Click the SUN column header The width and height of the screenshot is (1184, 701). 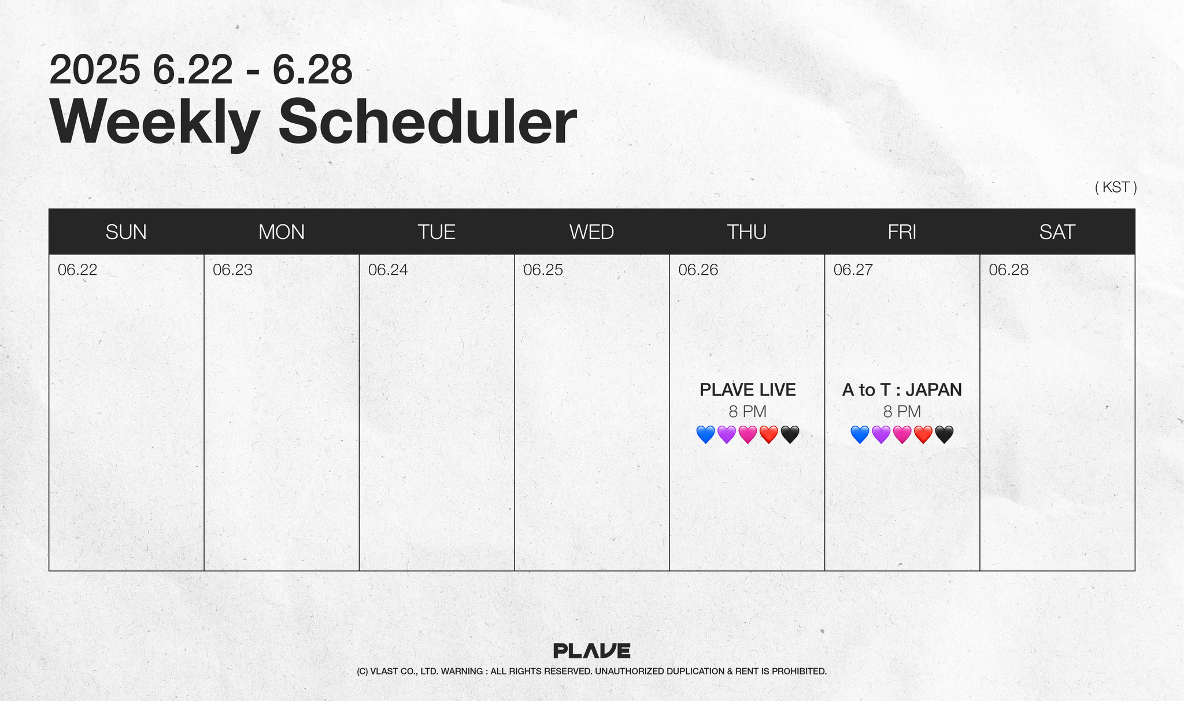click(126, 232)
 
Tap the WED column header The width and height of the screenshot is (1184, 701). click(591, 232)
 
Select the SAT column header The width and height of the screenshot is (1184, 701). click(1057, 232)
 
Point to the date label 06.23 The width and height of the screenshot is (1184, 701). click(232, 270)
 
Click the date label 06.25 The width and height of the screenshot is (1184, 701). click(543, 270)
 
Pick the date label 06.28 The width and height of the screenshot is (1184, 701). click(1008, 270)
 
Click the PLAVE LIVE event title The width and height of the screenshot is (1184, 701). click(748, 390)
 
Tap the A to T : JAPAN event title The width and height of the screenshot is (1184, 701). click(902, 390)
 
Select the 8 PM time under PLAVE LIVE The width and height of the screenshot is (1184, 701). click(748, 412)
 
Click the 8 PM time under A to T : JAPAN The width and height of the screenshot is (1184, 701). click(902, 412)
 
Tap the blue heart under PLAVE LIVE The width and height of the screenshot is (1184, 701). click(705, 434)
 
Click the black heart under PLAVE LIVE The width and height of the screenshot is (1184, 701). click(790, 434)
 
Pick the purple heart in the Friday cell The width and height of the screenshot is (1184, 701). click(880, 434)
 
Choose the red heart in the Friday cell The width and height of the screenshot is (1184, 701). click(923, 434)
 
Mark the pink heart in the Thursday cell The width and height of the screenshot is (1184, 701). click(748, 434)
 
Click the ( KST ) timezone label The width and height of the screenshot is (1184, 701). click(1116, 187)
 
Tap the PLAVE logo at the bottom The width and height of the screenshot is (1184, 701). click(591, 651)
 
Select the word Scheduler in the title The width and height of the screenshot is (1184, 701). click(428, 122)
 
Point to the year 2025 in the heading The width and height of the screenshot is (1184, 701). click(95, 70)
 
